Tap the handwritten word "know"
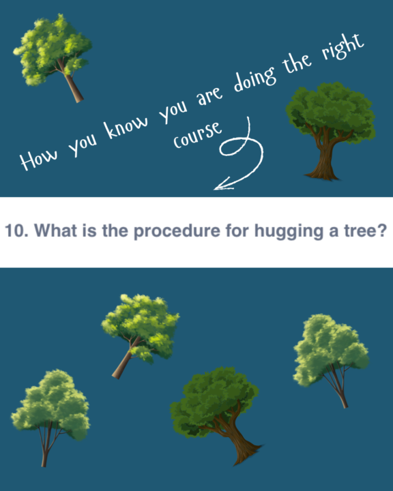pyautogui.click(x=126, y=127)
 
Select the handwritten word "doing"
pyautogui.click(x=255, y=80)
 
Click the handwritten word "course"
pyautogui.click(x=198, y=134)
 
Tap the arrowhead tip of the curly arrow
pyautogui.click(x=214, y=189)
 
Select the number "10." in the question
pyautogui.click(x=16, y=230)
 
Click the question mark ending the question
pyautogui.click(x=382, y=230)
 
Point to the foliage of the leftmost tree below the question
pyautogui.click(x=50, y=403)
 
